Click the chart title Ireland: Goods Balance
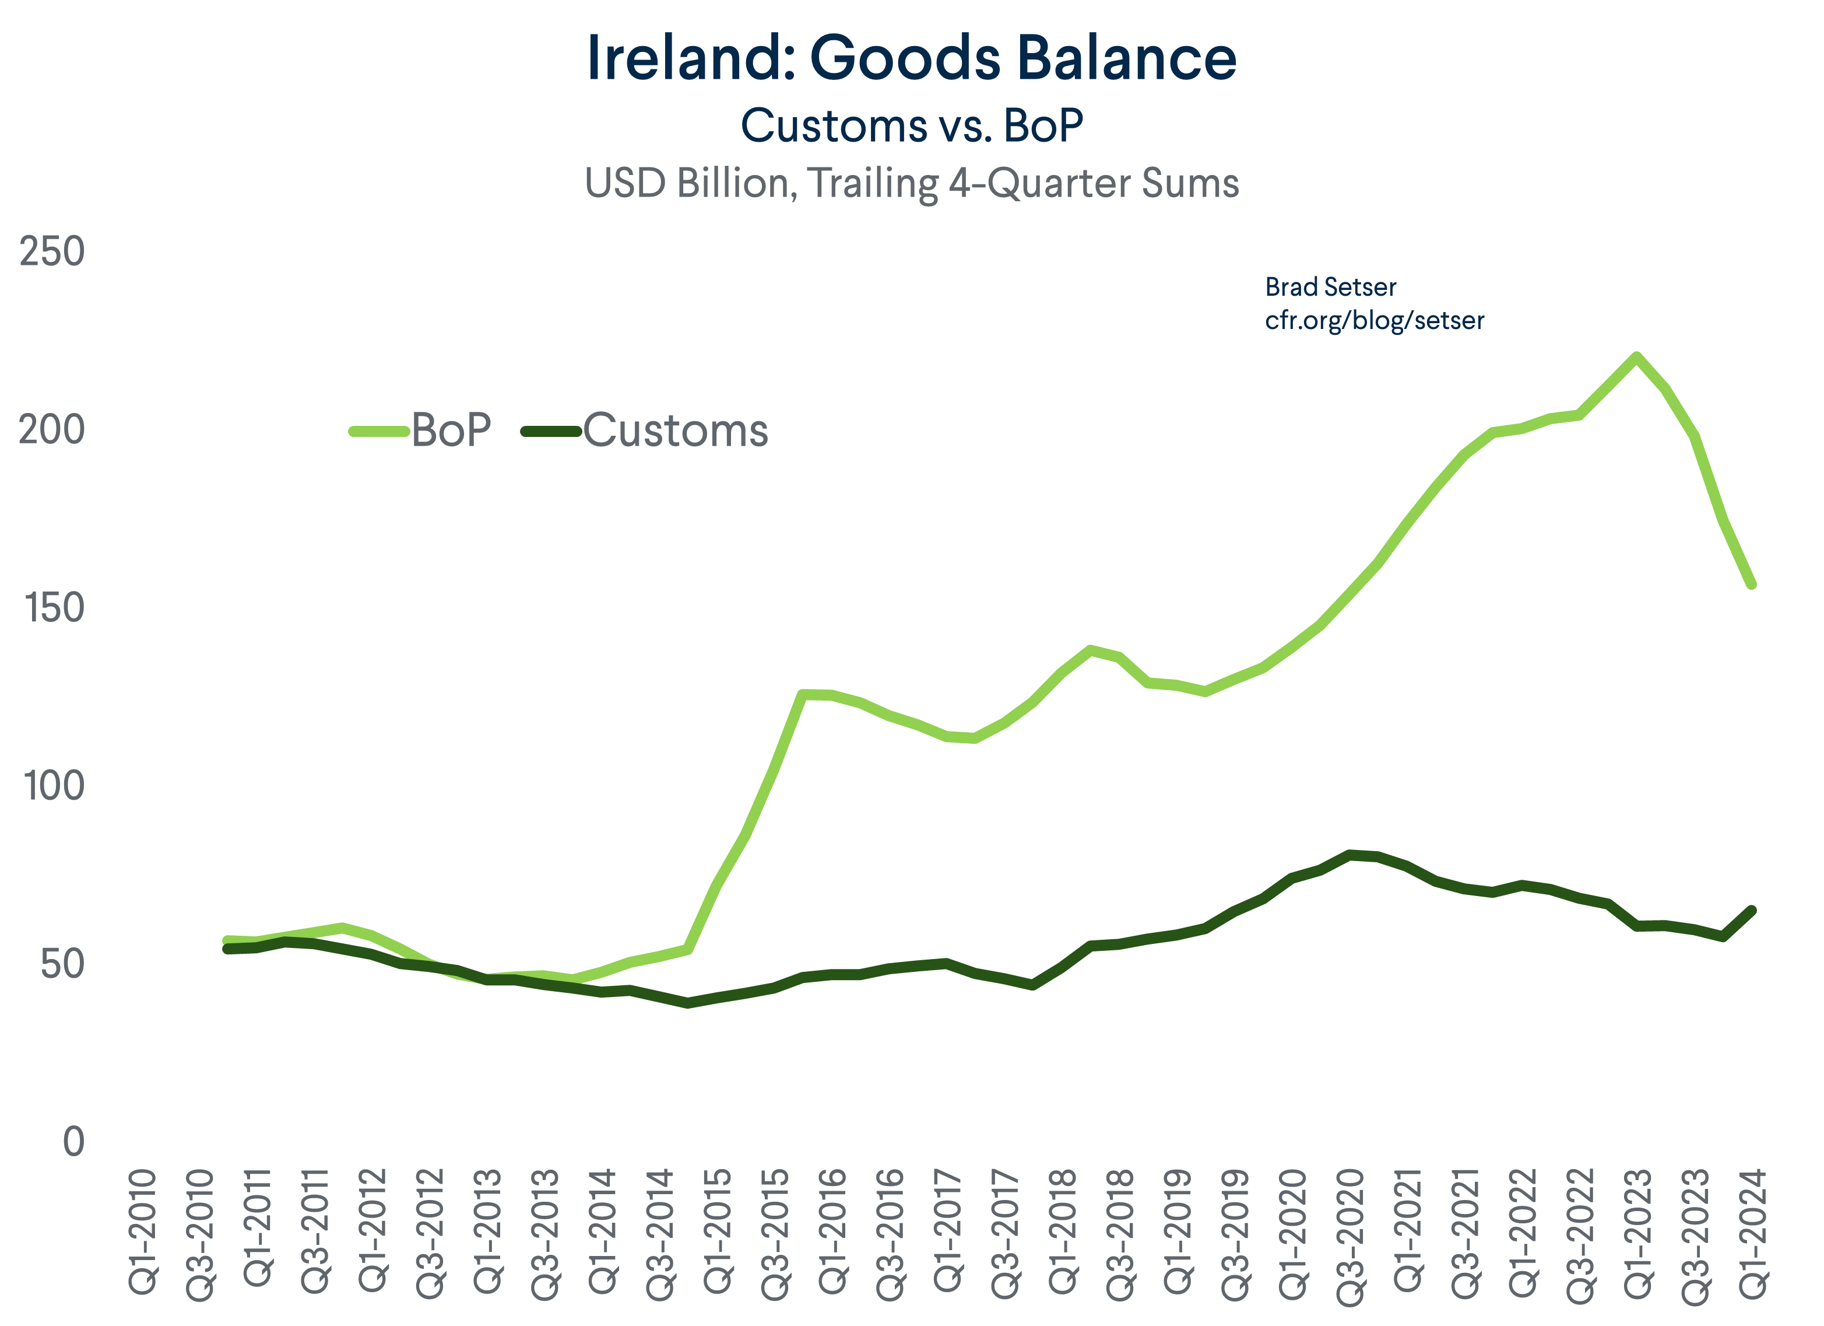[911, 58]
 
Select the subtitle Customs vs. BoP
[911, 127]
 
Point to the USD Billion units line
[911, 183]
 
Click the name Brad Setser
[1330, 287]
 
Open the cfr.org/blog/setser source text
[1373, 320]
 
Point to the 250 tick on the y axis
[51, 252]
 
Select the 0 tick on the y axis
[73, 1142]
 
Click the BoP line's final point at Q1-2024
[1752, 585]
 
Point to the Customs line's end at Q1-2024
[1752, 910]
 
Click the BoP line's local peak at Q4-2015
[803, 694]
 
